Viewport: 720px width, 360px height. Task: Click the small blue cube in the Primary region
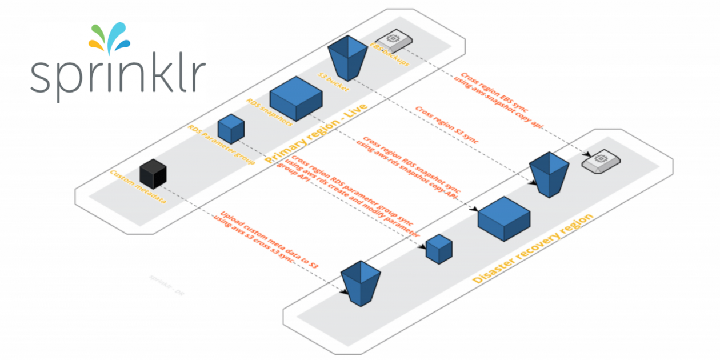(231, 129)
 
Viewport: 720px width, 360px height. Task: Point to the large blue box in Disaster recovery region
(504, 218)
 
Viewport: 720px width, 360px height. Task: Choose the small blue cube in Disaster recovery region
(439, 249)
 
